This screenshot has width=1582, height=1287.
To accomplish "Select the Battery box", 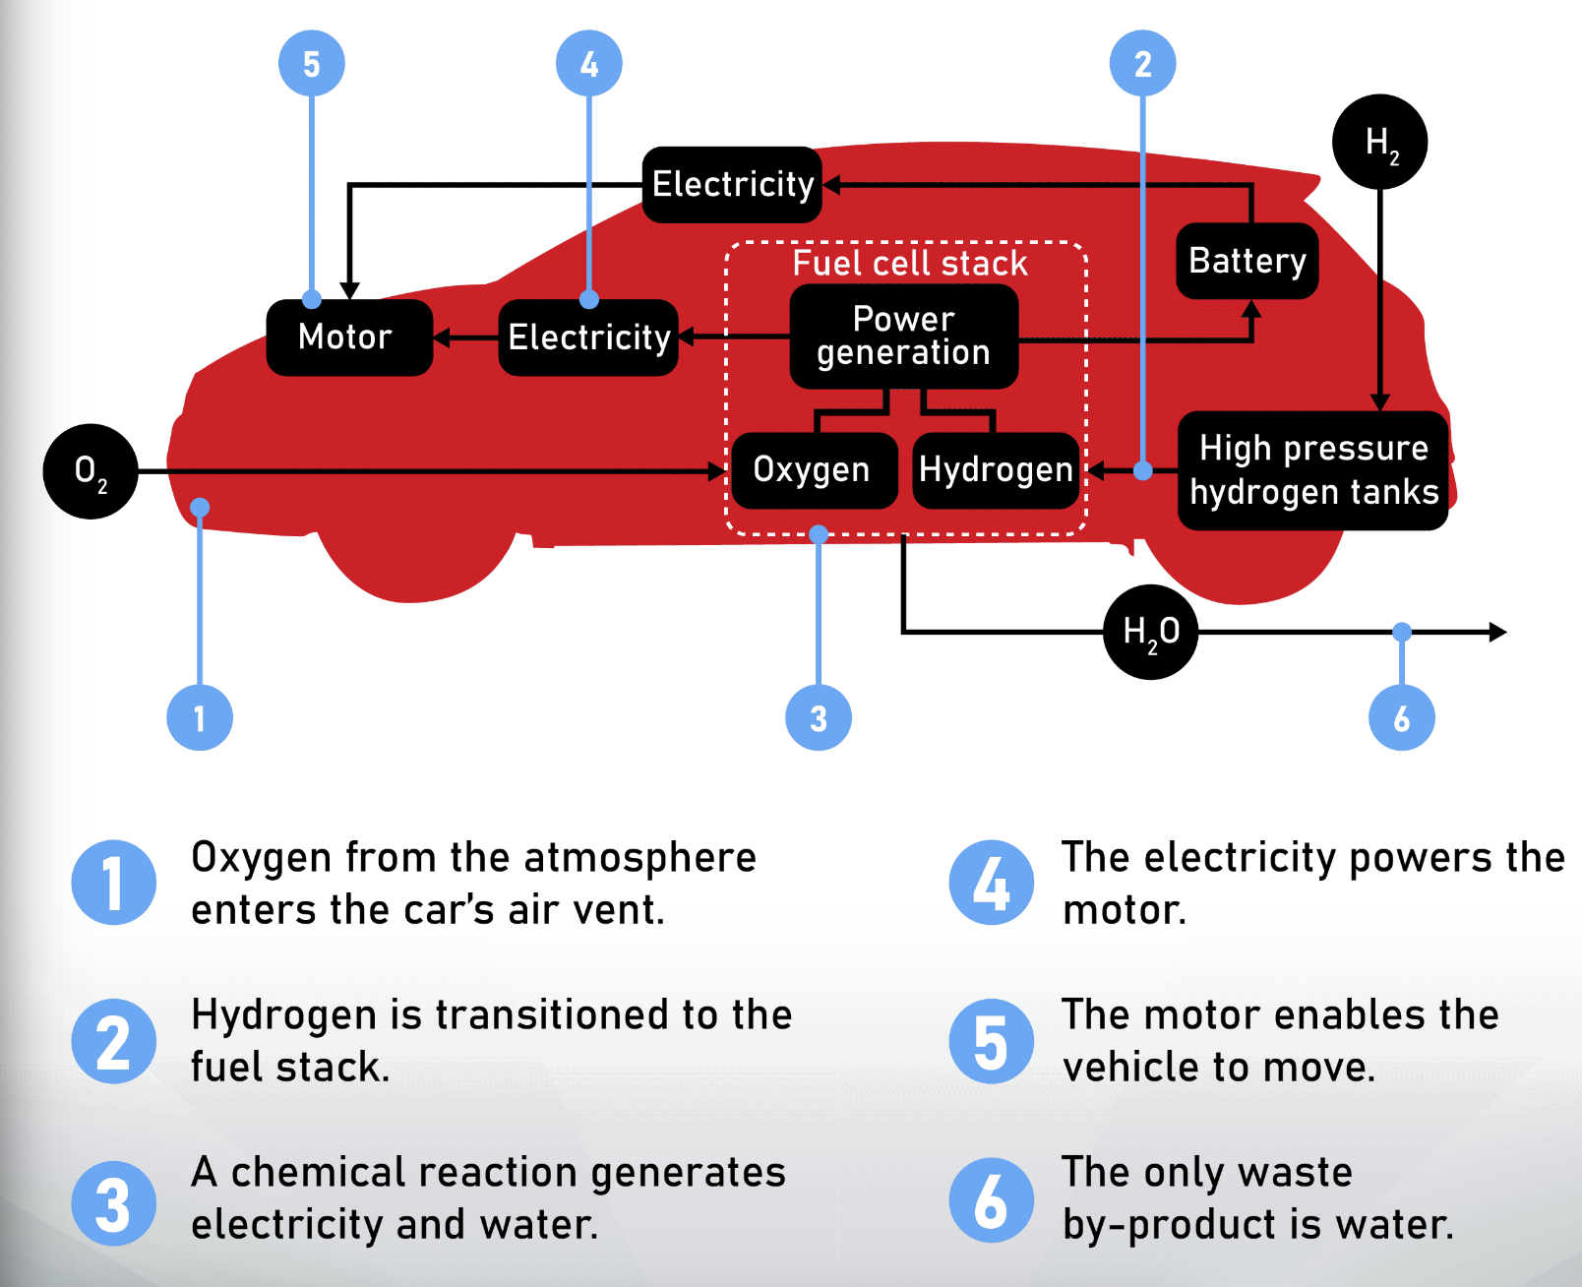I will [x=1247, y=261].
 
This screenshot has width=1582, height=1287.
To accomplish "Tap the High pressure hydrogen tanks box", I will [x=1312, y=470].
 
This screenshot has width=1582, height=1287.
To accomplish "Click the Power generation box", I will [x=903, y=337].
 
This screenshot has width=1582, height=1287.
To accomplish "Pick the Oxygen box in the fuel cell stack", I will [x=814, y=470].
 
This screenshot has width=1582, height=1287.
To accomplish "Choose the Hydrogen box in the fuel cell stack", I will [x=996, y=470].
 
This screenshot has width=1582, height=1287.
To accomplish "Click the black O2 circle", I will [x=91, y=471].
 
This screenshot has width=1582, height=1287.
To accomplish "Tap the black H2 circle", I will [x=1379, y=142].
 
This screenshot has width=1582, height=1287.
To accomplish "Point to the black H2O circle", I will [x=1150, y=632].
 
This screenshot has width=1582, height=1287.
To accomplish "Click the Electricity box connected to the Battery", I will [x=732, y=185].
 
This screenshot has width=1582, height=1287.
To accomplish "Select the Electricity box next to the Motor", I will [x=588, y=337].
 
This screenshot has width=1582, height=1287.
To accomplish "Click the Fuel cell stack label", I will [x=909, y=264].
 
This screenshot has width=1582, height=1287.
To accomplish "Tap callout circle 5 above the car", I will [x=311, y=64].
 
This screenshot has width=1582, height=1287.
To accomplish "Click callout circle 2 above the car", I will [x=1142, y=64].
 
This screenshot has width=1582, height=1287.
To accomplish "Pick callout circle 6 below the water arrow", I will [x=1401, y=718].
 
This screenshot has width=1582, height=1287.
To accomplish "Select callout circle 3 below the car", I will [x=818, y=718].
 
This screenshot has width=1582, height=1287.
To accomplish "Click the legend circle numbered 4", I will [x=991, y=883].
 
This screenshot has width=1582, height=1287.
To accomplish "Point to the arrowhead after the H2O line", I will [x=1497, y=632].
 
